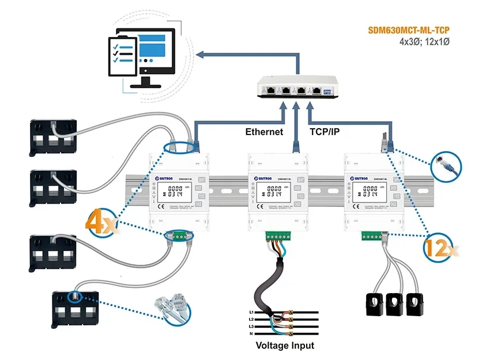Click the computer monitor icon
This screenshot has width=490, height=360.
(x=151, y=55)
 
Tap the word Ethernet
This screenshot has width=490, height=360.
(x=264, y=132)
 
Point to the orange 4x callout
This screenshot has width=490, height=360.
(x=102, y=224)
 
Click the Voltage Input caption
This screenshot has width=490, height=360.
(x=285, y=346)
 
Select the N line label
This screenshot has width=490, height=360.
(x=252, y=333)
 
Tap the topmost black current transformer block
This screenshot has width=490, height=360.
(x=54, y=137)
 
